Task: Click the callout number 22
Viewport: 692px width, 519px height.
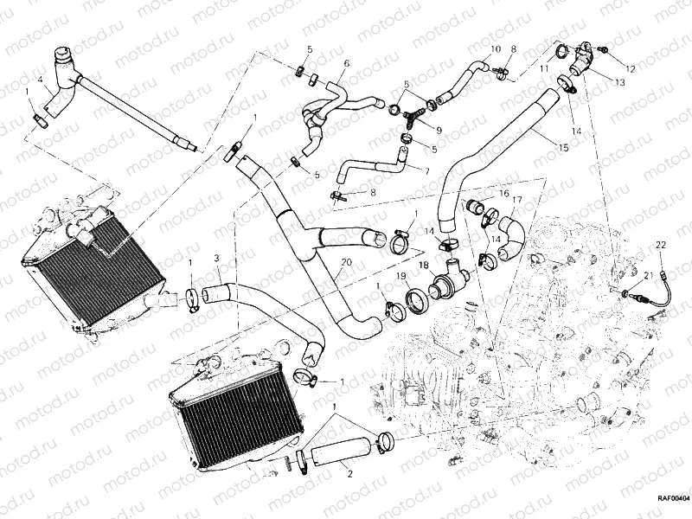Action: pos(660,247)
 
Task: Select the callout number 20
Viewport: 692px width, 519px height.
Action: pos(347,263)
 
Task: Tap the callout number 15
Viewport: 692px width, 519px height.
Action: pos(563,149)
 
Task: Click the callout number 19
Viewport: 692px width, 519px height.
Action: pos(401,277)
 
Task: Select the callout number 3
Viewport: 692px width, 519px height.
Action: pos(216,258)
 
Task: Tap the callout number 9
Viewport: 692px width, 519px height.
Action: pos(438,130)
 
